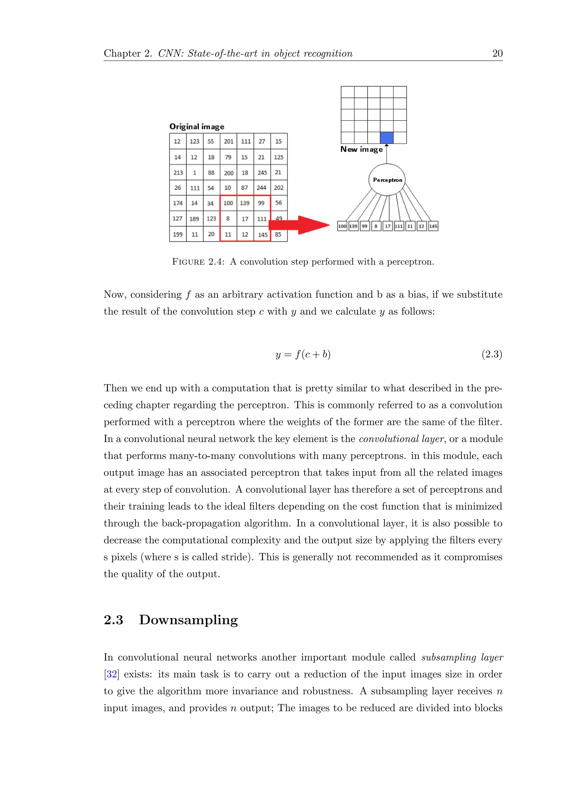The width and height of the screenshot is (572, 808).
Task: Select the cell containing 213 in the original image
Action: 178,173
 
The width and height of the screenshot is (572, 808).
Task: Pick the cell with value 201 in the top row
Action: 228,141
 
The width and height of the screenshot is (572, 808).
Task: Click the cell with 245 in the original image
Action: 262,173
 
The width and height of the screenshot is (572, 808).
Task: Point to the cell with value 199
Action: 178,234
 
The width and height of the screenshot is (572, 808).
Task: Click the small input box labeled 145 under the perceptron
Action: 433,226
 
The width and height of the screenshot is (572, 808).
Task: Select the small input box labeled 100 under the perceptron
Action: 342,226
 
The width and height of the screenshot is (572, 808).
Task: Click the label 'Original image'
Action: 197,127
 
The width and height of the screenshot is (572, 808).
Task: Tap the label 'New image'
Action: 361,150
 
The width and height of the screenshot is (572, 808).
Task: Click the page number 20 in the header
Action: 497,54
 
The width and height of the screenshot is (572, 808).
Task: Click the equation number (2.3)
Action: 492,354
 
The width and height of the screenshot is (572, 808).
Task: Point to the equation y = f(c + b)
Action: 303,354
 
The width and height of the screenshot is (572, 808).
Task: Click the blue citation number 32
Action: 112,674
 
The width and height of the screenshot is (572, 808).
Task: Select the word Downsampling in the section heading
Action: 189,620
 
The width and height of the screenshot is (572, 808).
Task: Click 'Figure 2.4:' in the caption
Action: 198,262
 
